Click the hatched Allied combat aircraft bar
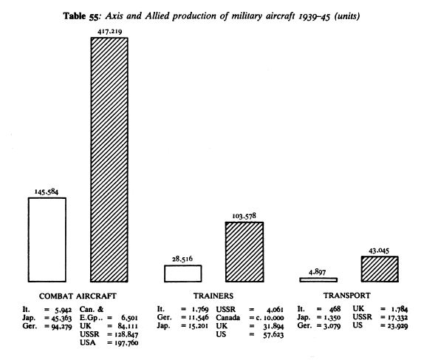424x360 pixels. (x=109, y=160)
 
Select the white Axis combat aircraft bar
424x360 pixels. (x=47, y=240)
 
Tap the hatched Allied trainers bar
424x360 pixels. (x=245, y=252)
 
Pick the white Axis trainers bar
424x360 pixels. (x=183, y=274)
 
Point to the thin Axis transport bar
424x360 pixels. (x=318, y=280)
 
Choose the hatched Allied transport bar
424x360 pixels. (x=380, y=269)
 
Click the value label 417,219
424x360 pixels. (x=110, y=31)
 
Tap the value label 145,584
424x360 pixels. (x=47, y=192)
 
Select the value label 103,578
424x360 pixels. (x=244, y=216)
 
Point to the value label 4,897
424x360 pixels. (x=317, y=272)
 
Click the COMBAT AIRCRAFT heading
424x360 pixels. (x=78, y=296)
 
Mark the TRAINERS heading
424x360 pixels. (x=213, y=296)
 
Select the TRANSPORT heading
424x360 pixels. (x=347, y=295)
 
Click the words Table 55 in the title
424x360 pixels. (x=81, y=16)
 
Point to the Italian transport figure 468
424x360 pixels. (x=335, y=309)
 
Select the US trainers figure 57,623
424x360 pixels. (x=273, y=335)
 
